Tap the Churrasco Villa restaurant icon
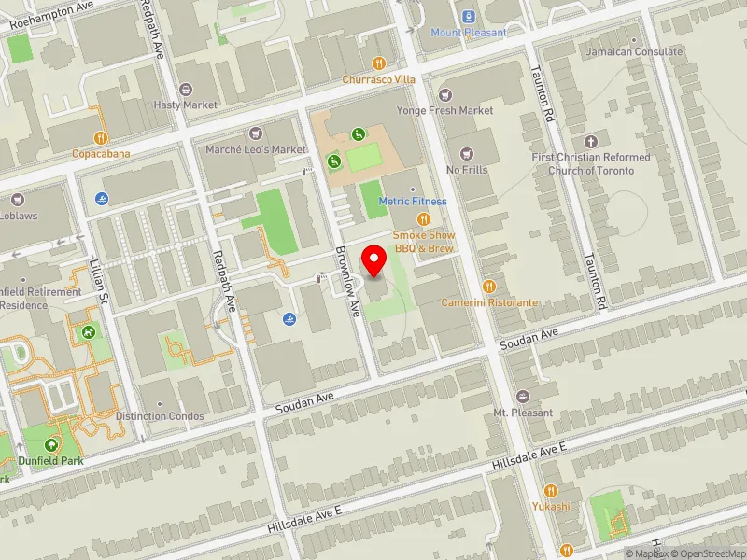[378, 63]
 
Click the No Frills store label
[467, 170]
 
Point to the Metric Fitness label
[412, 201]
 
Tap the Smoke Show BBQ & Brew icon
[423, 219]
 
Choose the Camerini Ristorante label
[490, 303]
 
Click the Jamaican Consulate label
[634, 52]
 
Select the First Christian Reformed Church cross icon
[589, 142]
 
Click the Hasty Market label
[185, 105]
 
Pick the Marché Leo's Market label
[255, 149]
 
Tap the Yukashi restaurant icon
[551, 491]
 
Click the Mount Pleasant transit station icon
[468, 16]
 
